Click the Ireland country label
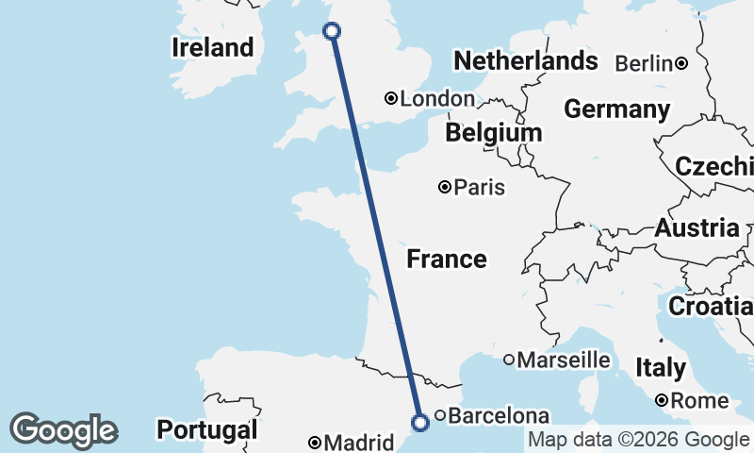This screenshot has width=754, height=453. [213, 47]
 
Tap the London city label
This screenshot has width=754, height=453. [437, 99]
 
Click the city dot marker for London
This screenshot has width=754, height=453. [391, 98]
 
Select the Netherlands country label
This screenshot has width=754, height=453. [525, 61]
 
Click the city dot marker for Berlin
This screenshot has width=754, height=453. [680, 64]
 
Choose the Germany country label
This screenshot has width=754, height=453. [616, 109]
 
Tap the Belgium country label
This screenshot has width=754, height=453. [494, 133]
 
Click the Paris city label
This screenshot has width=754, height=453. [479, 188]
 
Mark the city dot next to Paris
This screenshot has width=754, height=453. [445, 187]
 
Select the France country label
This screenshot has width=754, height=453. [447, 259]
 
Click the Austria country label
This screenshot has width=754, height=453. [697, 227]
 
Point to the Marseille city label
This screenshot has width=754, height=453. [564, 360]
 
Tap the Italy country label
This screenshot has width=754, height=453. [660, 367]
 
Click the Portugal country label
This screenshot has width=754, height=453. [206, 430]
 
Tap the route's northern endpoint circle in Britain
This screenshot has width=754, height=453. [332, 31]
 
